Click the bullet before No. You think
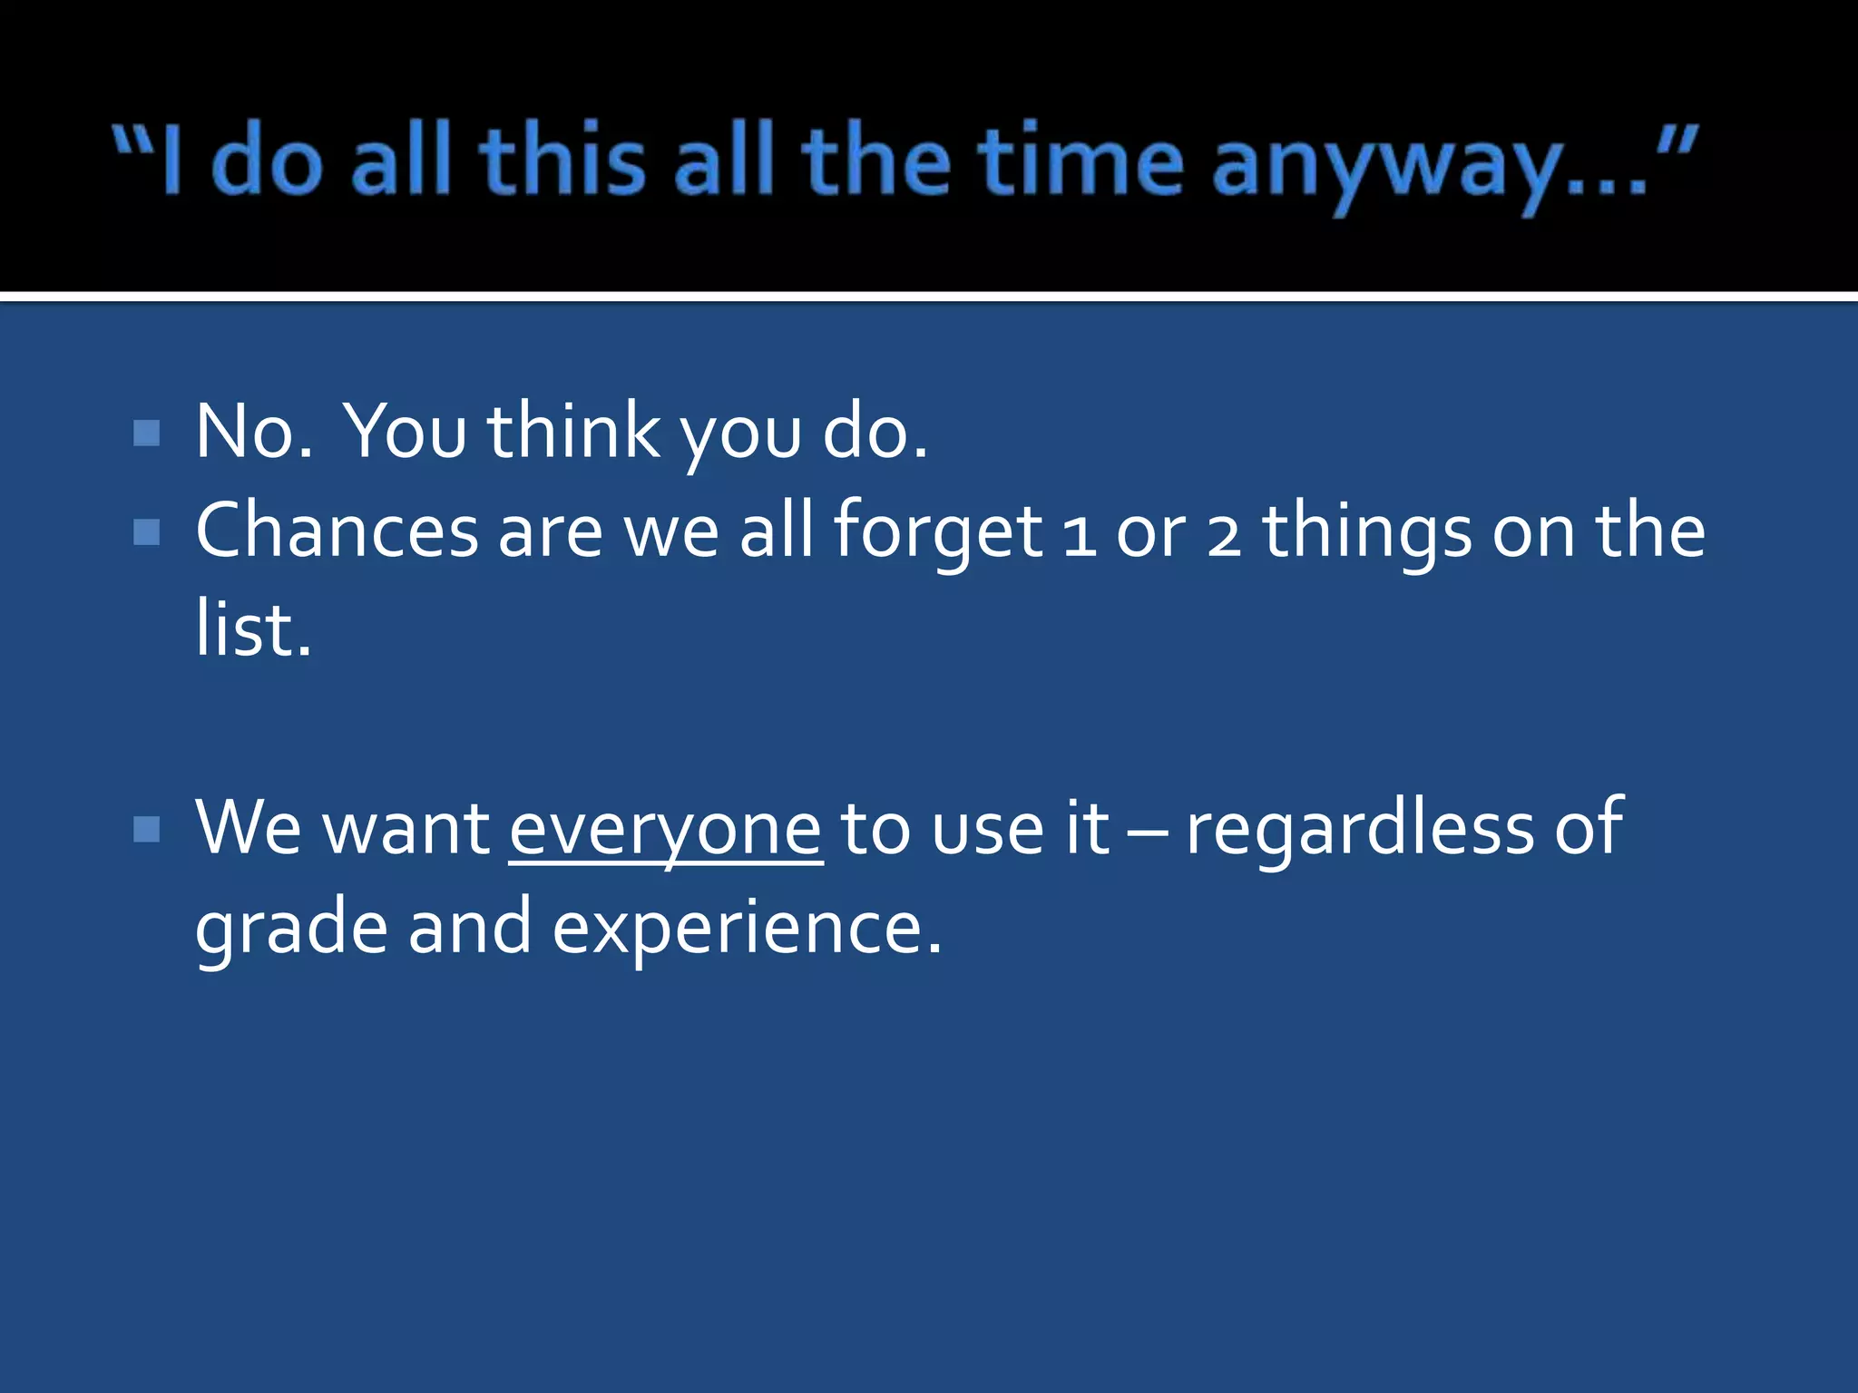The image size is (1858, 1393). (x=146, y=433)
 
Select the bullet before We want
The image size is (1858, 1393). (x=146, y=829)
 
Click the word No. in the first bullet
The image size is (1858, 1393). (x=254, y=433)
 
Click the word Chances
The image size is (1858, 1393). (x=337, y=531)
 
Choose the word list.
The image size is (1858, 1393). (x=253, y=629)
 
